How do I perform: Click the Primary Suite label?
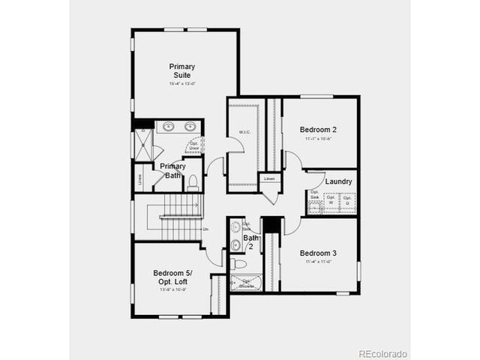181,70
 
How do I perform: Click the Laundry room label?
339,181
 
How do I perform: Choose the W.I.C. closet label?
244,132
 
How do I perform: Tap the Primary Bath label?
172,170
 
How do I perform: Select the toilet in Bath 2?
238,263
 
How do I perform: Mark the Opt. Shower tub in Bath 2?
246,283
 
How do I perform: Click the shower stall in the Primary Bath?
142,145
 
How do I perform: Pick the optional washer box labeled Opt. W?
330,202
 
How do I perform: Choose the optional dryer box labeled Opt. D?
347,202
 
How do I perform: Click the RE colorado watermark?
382,352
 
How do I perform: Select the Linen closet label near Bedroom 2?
270,178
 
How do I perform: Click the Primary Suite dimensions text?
181,83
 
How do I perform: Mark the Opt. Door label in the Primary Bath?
193,145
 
